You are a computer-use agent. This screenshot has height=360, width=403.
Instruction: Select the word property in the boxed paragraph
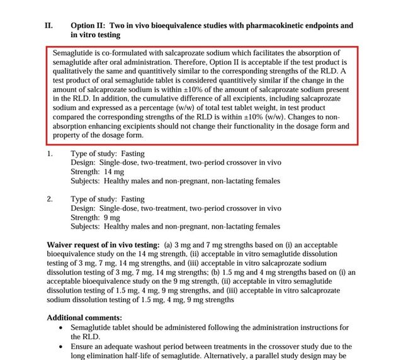(70, 135)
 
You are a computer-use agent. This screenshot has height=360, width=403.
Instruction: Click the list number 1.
(50, 153)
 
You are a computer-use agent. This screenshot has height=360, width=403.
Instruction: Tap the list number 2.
(50, 199)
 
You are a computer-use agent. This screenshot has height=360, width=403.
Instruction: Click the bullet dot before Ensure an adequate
(60, 347)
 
